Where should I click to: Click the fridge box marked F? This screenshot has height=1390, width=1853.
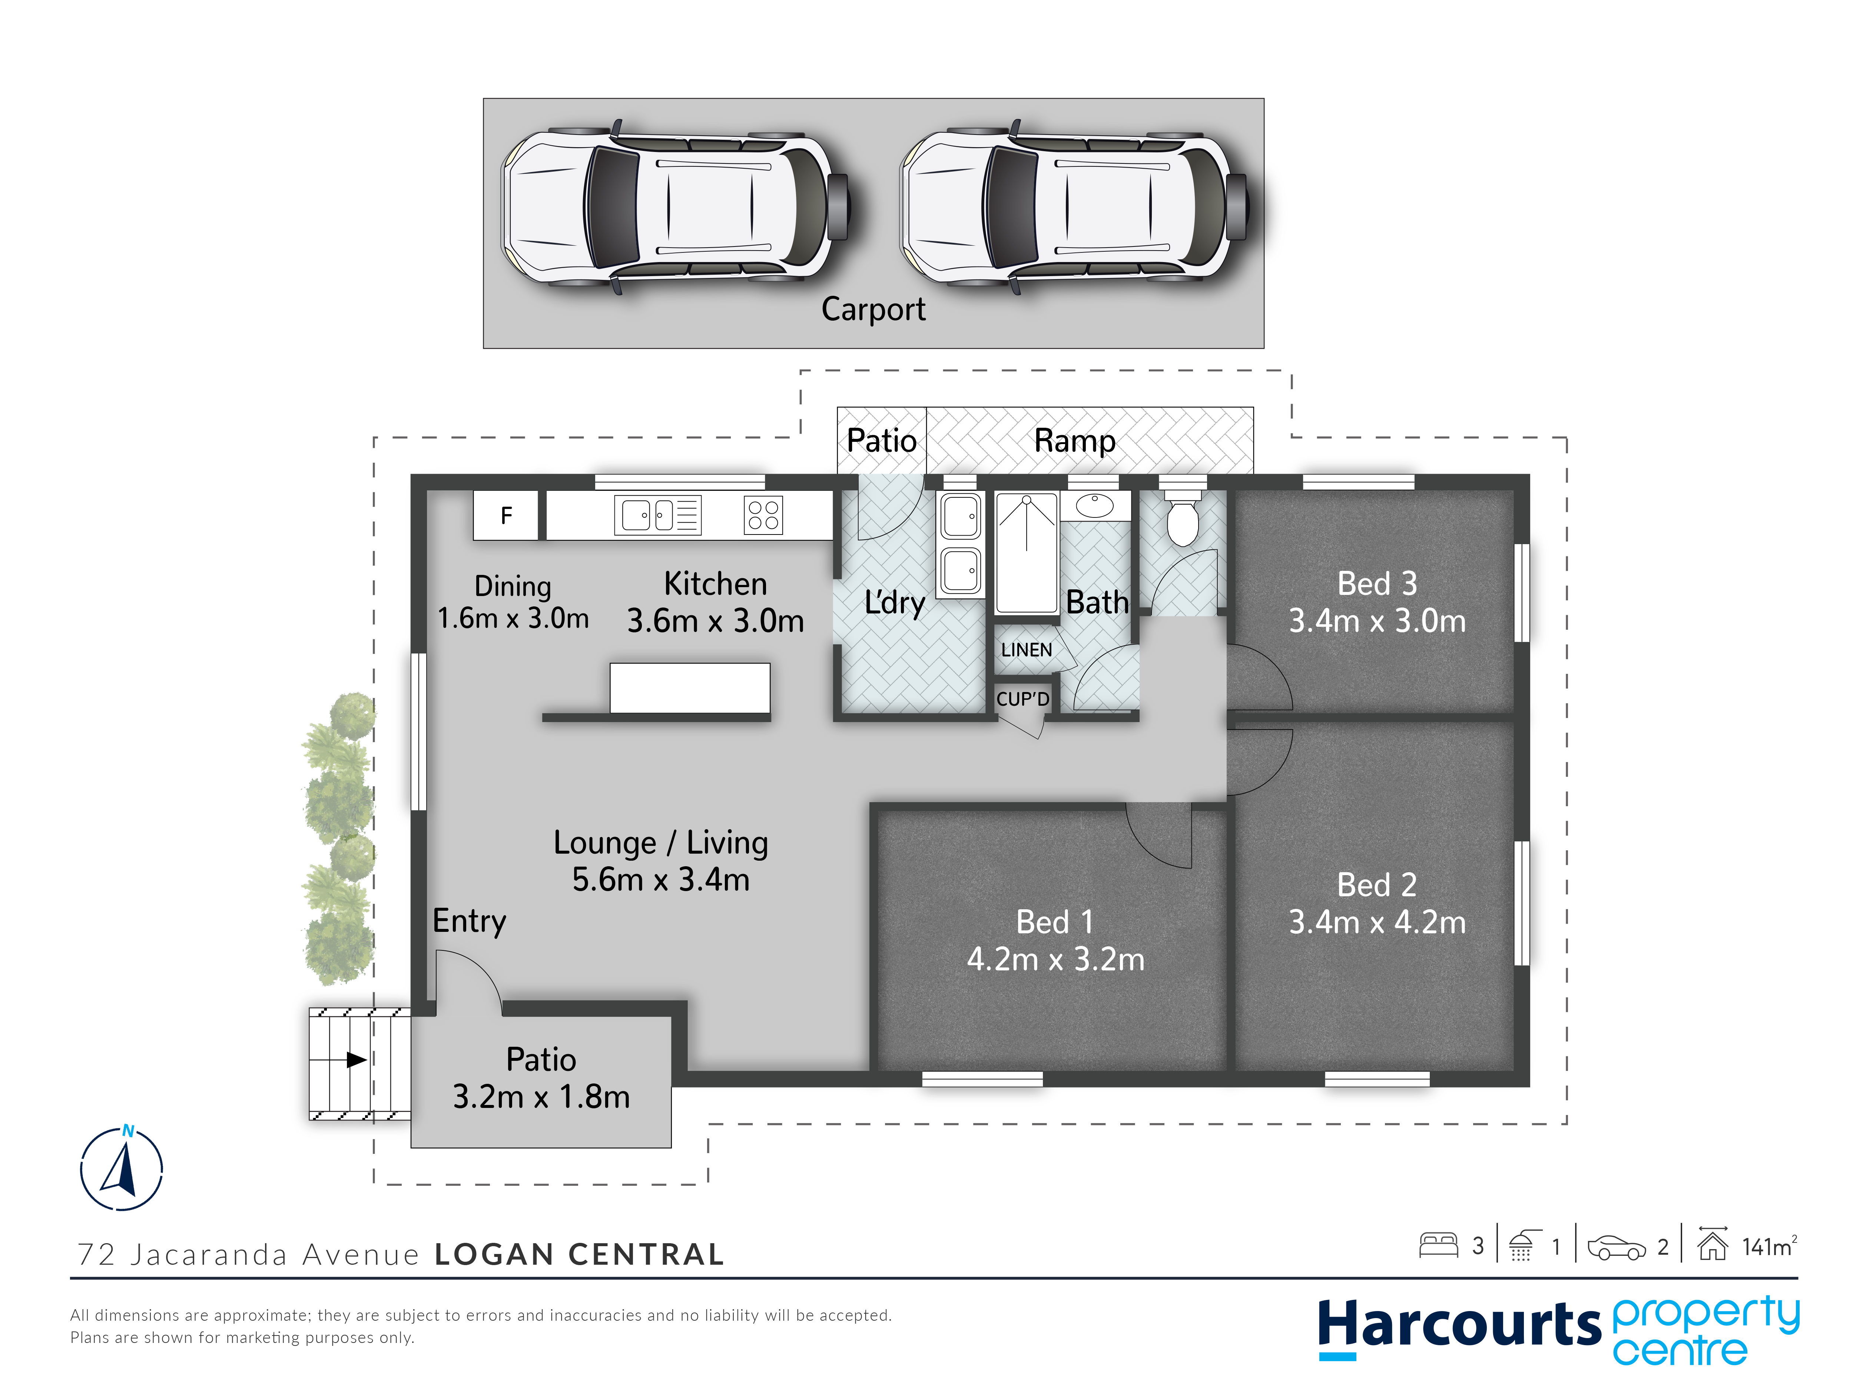click(506, 515)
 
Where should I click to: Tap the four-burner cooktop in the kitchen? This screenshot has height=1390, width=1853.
click(763, 515)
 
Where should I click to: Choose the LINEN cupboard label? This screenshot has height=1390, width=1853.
click(1026, 649)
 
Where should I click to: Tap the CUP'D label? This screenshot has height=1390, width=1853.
click(1023, 699)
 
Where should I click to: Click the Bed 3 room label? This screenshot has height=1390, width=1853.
click(1377, 583)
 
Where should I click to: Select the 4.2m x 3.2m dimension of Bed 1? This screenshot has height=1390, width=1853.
click(1055, 959)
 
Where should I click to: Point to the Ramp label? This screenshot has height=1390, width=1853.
click(1075, 441)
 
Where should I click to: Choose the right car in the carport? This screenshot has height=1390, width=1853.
click(1074, 206)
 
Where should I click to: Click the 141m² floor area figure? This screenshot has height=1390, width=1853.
click(1769, 1247)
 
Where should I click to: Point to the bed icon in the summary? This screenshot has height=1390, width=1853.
click(1438, 1246)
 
